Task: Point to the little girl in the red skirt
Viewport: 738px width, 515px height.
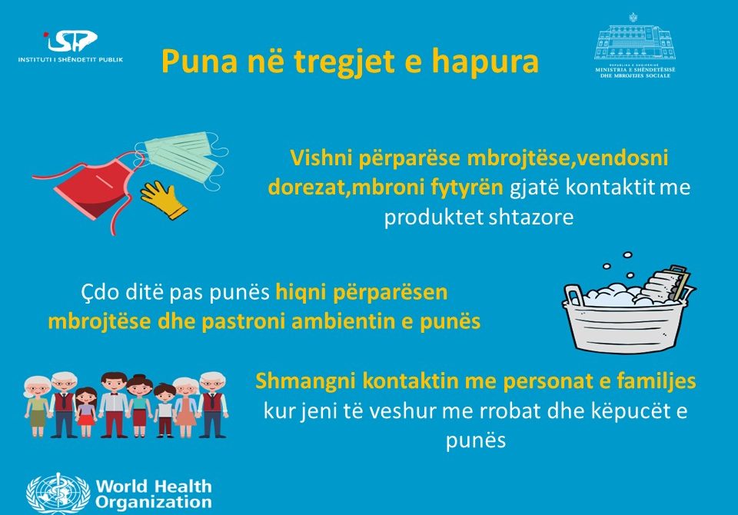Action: [x=86, y=412]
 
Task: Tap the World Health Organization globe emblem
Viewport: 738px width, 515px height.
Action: [x=58, y=493]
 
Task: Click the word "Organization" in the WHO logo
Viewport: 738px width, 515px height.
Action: [x=154, y=502]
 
